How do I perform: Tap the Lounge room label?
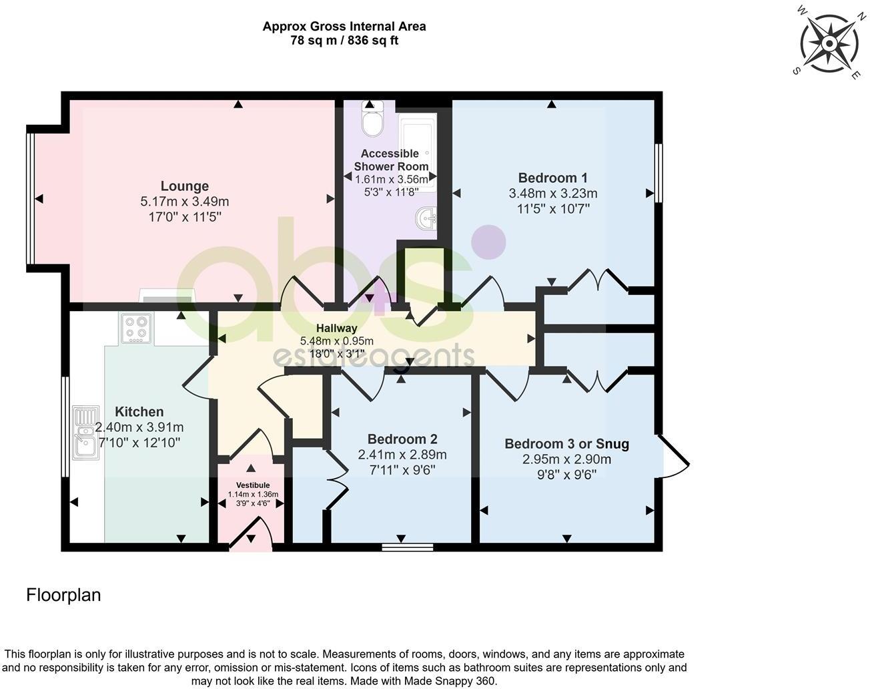point(185,186)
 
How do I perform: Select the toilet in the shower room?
point(371,119)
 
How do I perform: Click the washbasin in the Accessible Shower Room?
point(425,218)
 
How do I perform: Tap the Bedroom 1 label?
point(552,178)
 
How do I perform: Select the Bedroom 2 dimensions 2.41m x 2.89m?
point(402,455)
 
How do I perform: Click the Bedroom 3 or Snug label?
point(566,444)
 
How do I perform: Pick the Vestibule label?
point(253,485)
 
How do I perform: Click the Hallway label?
point(336,328)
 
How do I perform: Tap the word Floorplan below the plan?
point(63,595)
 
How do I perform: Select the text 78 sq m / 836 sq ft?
point(344,41)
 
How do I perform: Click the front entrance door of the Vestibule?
point(252,537)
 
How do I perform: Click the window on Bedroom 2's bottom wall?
point(408,547)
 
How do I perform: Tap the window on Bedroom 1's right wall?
point(658,173)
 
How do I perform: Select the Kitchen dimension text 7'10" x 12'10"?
point(139,443)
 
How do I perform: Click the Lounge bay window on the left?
point(30,198)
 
